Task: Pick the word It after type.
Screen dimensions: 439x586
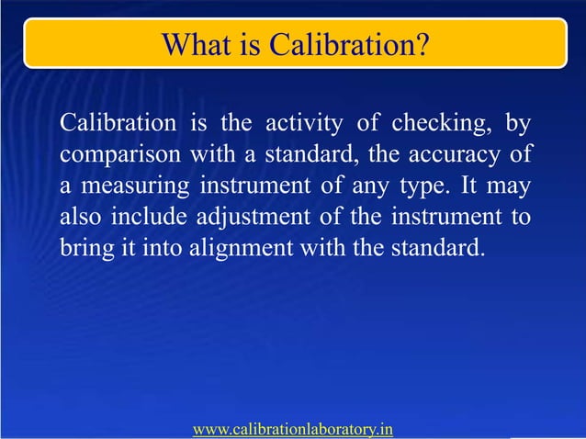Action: click(x=473, y=187)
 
